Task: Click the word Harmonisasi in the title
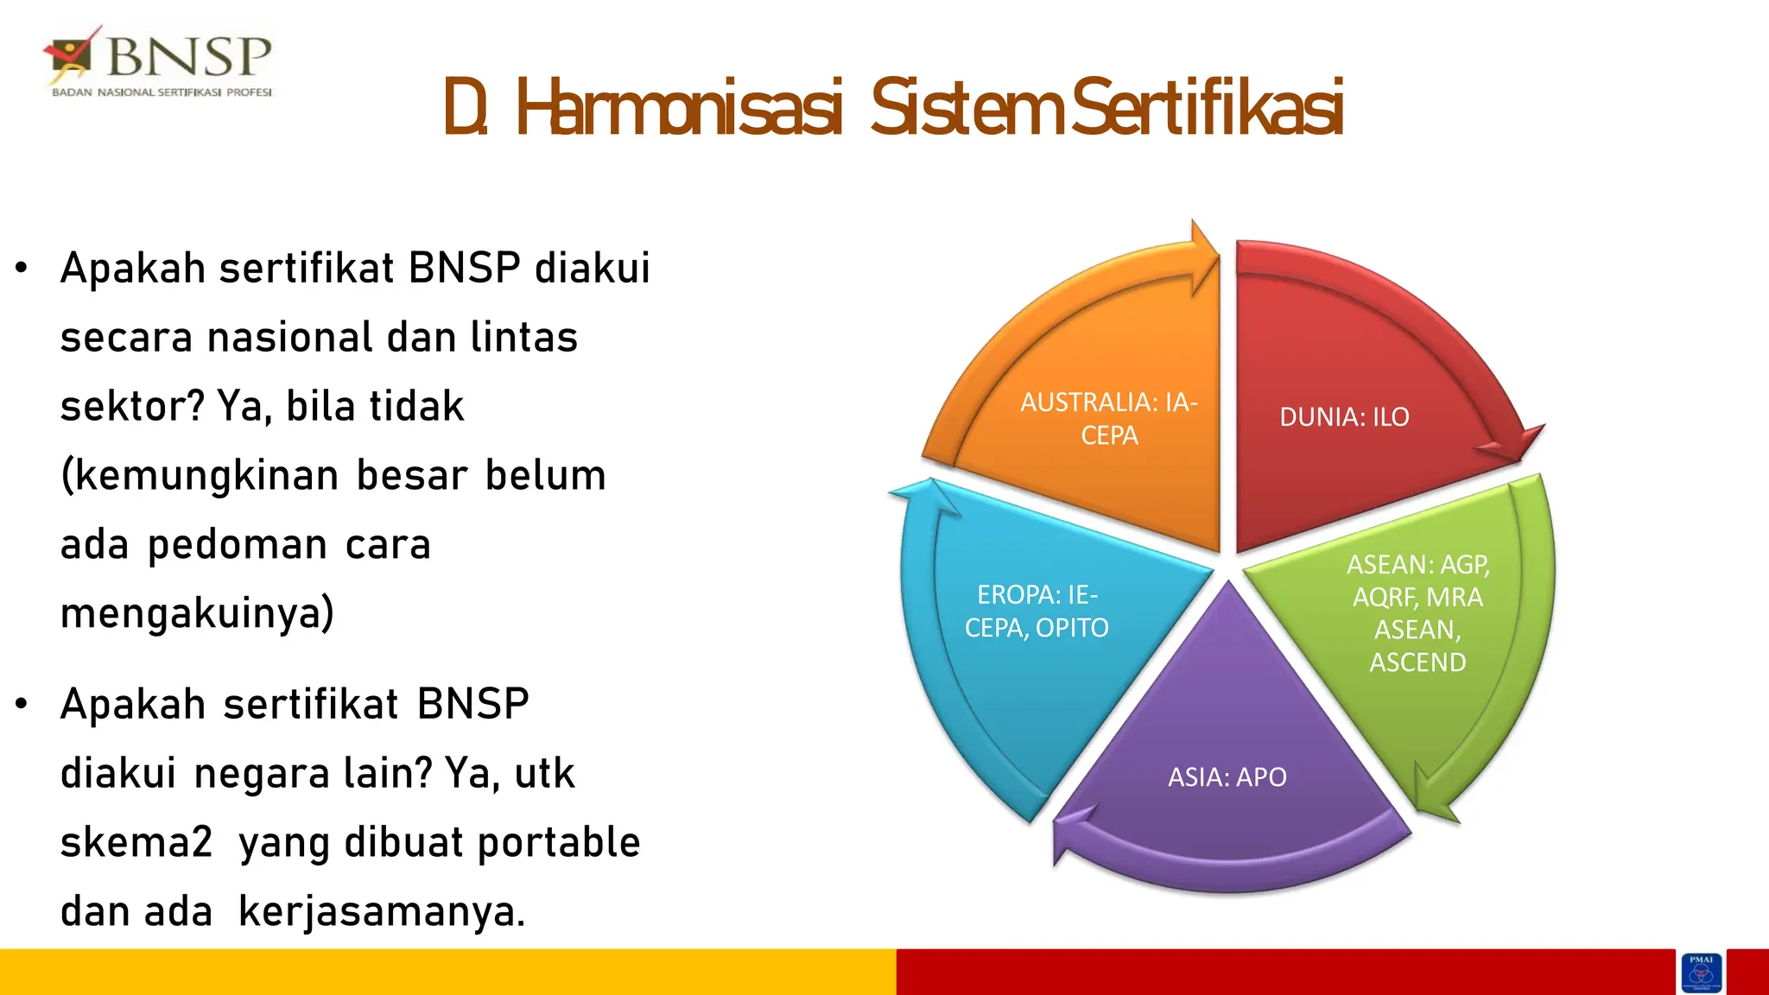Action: point(679,110)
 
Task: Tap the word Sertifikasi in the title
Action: point(1208,110)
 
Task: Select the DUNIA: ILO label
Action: point(1344,417)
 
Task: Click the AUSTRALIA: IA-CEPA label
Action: point(1109,419)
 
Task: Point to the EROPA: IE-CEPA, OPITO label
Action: point(1037,611)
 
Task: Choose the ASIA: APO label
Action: point(1227,777)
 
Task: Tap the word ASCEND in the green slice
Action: point(1417,662)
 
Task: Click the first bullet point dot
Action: point(22,268)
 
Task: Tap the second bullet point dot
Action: point(22,704)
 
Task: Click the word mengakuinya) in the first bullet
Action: point(197,614)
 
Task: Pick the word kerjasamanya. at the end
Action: point(382,912)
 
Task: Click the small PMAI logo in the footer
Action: point(1701,973)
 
